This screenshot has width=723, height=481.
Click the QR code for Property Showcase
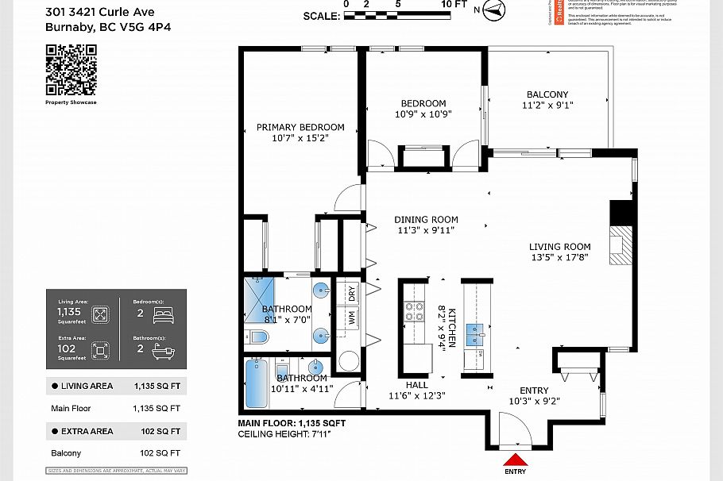tap(71, 69)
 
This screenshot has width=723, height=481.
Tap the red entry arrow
tap(516, 460)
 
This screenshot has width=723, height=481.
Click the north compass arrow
tap(495, 10)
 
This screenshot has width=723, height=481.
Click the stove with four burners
tap(414, 311)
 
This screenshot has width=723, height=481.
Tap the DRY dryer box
tap(352, 294)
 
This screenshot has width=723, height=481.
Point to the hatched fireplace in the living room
tap(618, 245)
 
